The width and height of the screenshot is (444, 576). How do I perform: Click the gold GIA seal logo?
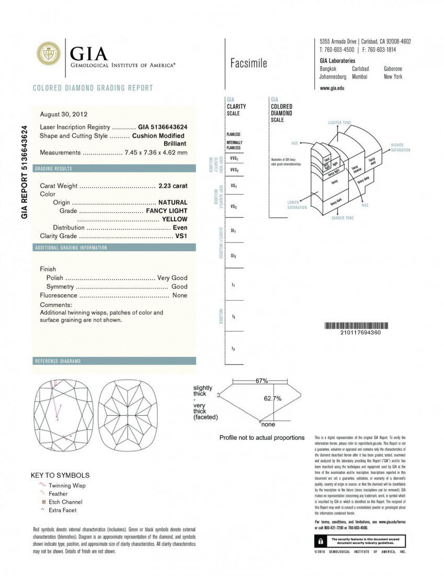tap(48, 54)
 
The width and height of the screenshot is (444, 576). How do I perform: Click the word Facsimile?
tap(248, 63)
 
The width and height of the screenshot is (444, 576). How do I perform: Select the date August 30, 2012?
tap(63, 114)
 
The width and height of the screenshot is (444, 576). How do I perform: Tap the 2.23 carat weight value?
tap(173, 186)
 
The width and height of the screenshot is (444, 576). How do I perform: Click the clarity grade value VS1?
tap(181, 236)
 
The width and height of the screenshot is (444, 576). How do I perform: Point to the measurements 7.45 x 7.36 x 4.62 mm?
tap(156, 152)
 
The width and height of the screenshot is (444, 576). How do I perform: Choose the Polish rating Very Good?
tap(172, 278)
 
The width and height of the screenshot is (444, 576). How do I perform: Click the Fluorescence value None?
tap(179, 296)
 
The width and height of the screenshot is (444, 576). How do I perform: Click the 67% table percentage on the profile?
tap(261, 381)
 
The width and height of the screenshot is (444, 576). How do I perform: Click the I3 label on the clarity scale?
tap(233, 349)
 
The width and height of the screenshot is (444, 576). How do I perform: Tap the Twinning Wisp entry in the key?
tap(67, 485)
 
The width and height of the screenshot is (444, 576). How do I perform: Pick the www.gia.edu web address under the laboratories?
tap(332, 88)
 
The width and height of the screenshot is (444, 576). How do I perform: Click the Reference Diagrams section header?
tap(58, 361)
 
